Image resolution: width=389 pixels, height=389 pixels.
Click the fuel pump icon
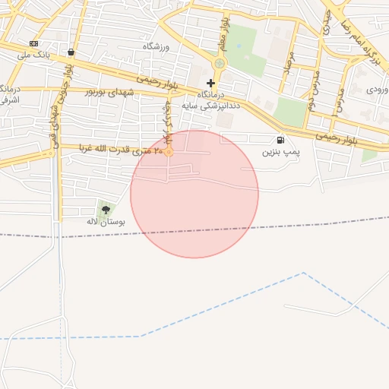click(x=281, y=140)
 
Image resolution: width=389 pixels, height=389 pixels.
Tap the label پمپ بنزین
click(x=282, y=152)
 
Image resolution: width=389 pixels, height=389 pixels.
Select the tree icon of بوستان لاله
click(x=106, y=209)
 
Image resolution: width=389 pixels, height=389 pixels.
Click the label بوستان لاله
click(x=106, y=222)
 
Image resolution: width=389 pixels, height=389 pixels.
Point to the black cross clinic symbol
click(x=210, y=82)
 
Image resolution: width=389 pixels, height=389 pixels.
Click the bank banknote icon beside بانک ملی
click(x=33, y=43)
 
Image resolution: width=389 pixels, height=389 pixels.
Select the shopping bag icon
click(x=71, y=52)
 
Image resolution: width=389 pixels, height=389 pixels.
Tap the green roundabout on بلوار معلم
click(x=220, y=64)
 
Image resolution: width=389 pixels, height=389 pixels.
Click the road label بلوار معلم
click(x=224, y=30)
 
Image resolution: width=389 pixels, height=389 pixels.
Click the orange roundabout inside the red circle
click(x=169, y=152)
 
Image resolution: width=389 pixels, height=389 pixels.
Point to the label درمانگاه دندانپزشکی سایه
click(x=218, y=100)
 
